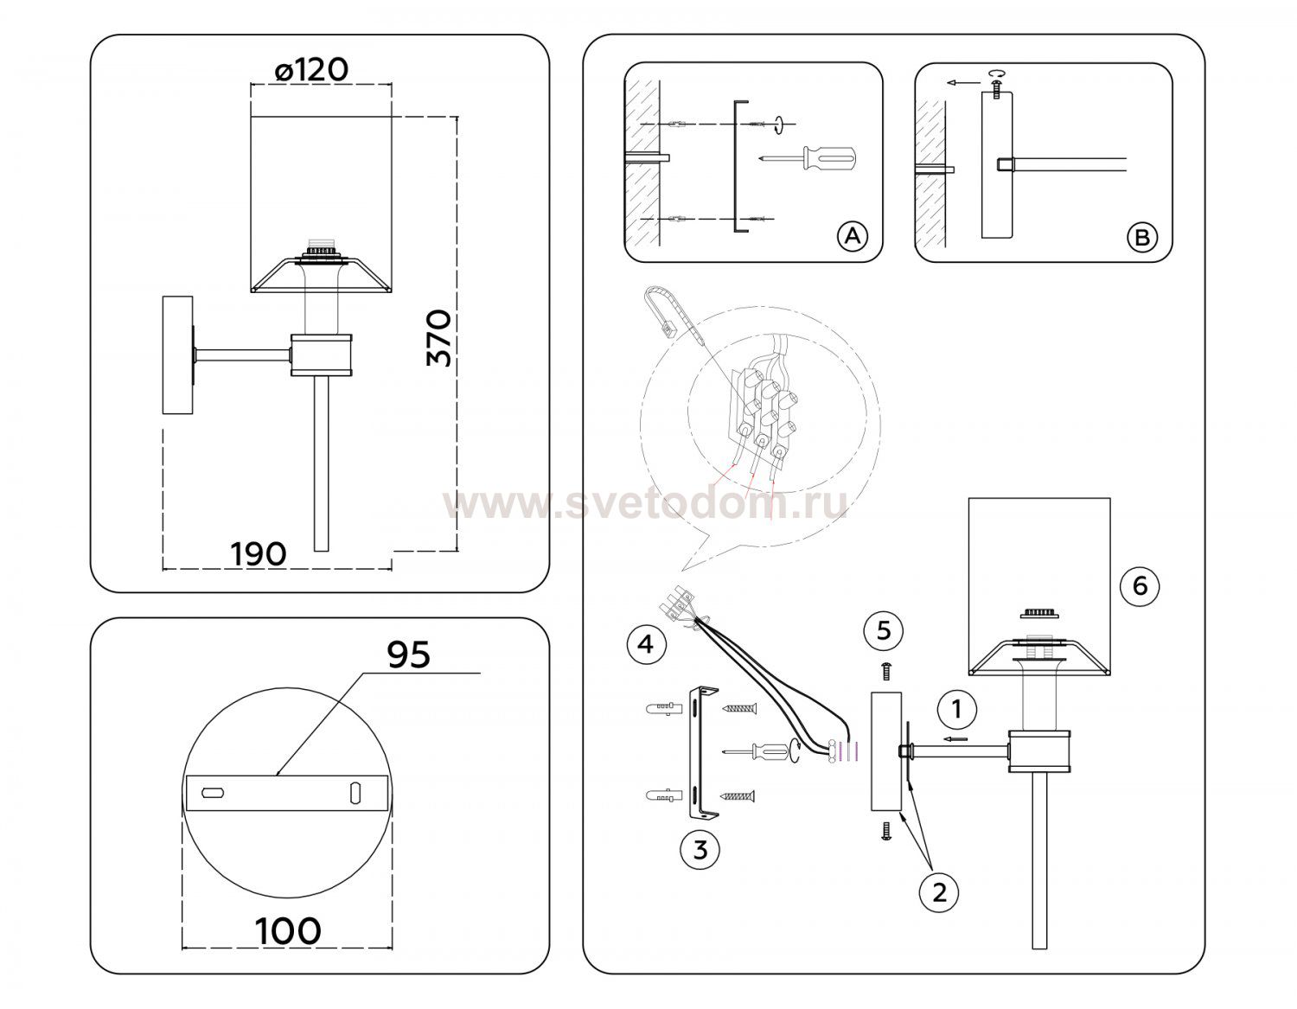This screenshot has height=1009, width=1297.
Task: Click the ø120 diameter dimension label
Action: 311,70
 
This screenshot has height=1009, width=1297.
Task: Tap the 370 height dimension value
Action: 439,338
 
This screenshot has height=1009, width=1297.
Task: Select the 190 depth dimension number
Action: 259,554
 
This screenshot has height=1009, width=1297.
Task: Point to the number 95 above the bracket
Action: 409,655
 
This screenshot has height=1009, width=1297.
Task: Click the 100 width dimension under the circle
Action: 288,931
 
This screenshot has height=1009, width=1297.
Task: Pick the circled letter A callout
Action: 853,236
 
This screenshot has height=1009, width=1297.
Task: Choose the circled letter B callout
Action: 1142,238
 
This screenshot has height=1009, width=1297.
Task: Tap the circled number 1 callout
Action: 957,710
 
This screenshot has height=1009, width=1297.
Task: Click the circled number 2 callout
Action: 939,893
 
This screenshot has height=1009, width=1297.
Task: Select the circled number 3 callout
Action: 700,850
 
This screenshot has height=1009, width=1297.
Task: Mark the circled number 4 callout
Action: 647,644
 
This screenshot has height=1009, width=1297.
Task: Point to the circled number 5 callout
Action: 884,630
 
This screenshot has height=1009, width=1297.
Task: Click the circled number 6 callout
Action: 1140,585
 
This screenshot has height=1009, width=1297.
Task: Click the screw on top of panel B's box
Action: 996,87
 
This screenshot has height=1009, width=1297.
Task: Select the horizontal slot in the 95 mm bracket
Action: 213,794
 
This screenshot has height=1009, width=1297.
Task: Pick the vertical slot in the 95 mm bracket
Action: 355,793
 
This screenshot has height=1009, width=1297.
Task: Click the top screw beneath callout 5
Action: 886,671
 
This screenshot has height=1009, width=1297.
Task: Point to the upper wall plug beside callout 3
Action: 663,709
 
